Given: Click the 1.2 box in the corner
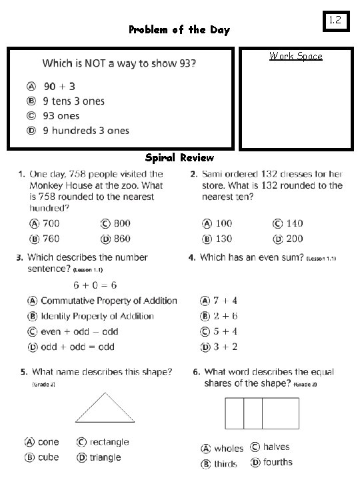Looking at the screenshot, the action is (335, 20).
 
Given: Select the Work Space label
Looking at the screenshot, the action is (295, 56).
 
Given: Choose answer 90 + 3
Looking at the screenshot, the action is (59, 86).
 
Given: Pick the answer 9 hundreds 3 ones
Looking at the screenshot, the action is (85, 131).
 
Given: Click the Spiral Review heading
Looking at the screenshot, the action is (179, 158).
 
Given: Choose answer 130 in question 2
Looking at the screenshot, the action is (223, 239).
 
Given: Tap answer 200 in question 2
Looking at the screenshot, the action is (294, 239).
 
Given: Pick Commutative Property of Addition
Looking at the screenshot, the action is (109, 301).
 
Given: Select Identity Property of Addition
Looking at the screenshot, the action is (97, 317).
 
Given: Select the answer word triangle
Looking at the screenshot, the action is (105, 457).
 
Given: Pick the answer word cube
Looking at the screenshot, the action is (48, 457).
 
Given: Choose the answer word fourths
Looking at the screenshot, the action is (277, 462).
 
